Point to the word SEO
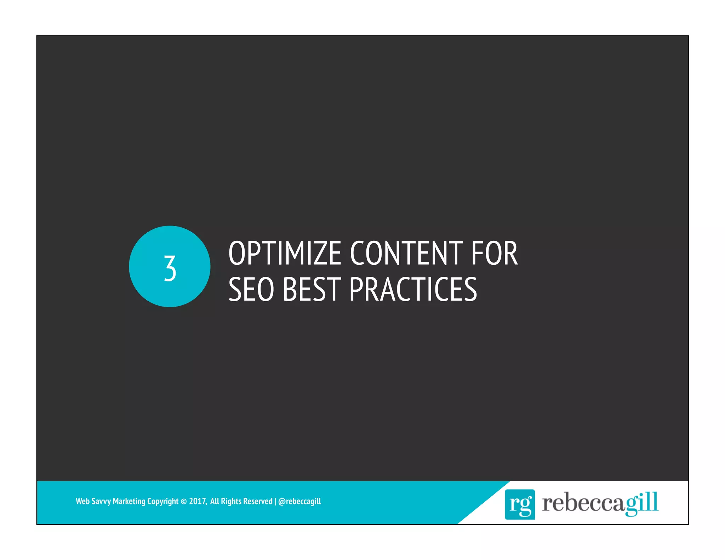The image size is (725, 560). coord(251,289)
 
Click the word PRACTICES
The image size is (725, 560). coord(413,289)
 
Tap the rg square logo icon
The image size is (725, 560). coord(519,504)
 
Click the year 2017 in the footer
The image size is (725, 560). coord(198,501)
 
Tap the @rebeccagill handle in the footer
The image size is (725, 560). coord(299,501)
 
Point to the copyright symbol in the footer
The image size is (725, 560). coord(183,501)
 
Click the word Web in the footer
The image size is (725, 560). coord(82,501)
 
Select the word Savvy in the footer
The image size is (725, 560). coord(101,501)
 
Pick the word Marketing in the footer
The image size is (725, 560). coord(129,501)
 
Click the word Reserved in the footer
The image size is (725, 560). coord(258,501)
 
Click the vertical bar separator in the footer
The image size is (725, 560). coord(275,501)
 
